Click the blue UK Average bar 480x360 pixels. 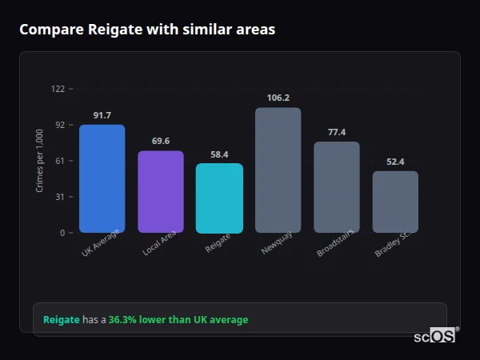click(102, 178)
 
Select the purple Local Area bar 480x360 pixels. click(160, 192)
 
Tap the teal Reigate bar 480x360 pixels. click(219, 198)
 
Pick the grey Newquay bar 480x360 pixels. click(278, 170)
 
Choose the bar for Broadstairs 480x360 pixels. click(337, 187)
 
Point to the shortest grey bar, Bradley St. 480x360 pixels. click(395, 202)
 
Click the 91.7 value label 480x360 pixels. click(102, 116)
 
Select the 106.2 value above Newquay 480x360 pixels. click(278, 98)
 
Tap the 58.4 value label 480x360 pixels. click(219, 154)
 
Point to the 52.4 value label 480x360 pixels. click(395, 162)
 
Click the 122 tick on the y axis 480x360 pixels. click(58, 89)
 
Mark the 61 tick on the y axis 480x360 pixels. click(60, 161)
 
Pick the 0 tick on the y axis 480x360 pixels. click(62, 233)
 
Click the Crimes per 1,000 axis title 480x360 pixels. click(40, 161)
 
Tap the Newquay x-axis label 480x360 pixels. click(272, 243)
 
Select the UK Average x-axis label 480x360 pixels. click(100, 244)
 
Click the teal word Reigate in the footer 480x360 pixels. click(62, 320)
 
